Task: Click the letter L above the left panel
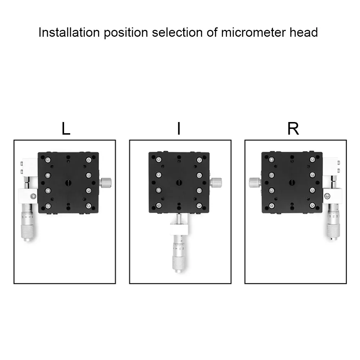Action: (x=66, y=129)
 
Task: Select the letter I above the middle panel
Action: (x=179, y=129)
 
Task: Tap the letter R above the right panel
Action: (x=293, y=129)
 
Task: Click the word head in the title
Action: (x=304, y=33)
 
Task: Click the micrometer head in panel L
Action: (x=27, y=223)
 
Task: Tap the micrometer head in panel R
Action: (x=332, y=223)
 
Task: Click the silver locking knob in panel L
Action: (x=106, y=183)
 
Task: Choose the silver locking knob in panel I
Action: (x=216, y=183)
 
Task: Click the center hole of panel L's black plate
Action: (x=68, y=183)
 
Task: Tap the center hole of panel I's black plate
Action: (x=179, y=183)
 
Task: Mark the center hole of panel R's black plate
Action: (x=292, y=183)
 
